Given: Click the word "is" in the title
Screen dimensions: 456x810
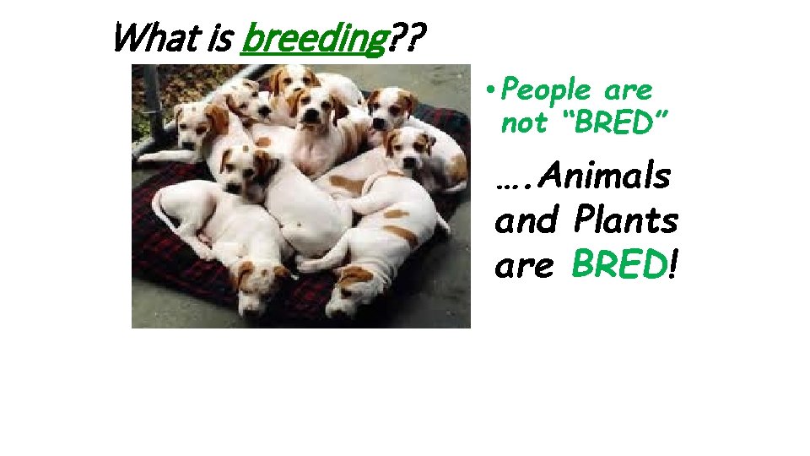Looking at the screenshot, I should [x=207, y=39].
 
